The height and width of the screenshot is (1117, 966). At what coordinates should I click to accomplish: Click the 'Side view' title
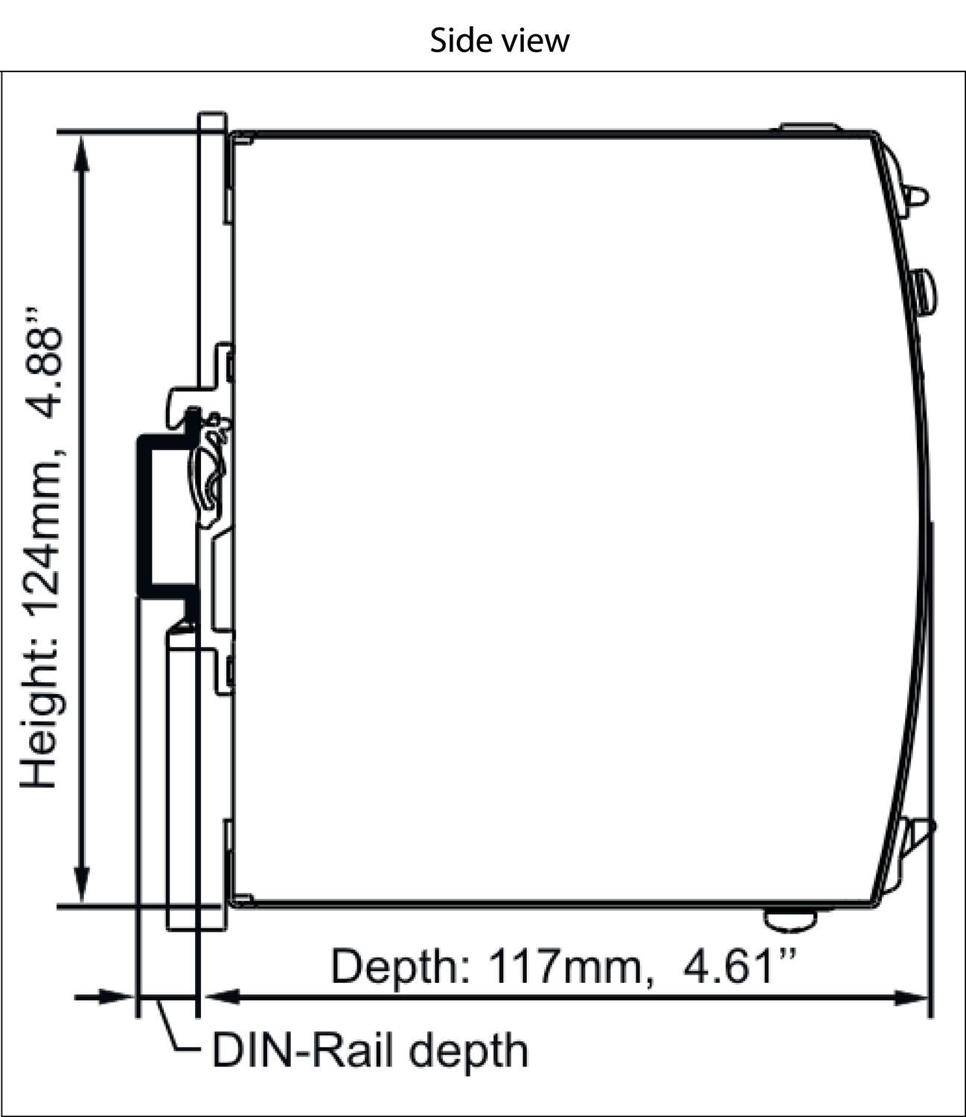[x=499, y=39]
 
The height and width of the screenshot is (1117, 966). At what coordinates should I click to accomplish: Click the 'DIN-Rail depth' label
[x=370, y=1050]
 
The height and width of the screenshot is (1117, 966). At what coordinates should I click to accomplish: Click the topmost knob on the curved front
[x=917, y=196]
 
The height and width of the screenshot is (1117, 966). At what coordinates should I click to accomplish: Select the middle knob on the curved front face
[x=926, y=292]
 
